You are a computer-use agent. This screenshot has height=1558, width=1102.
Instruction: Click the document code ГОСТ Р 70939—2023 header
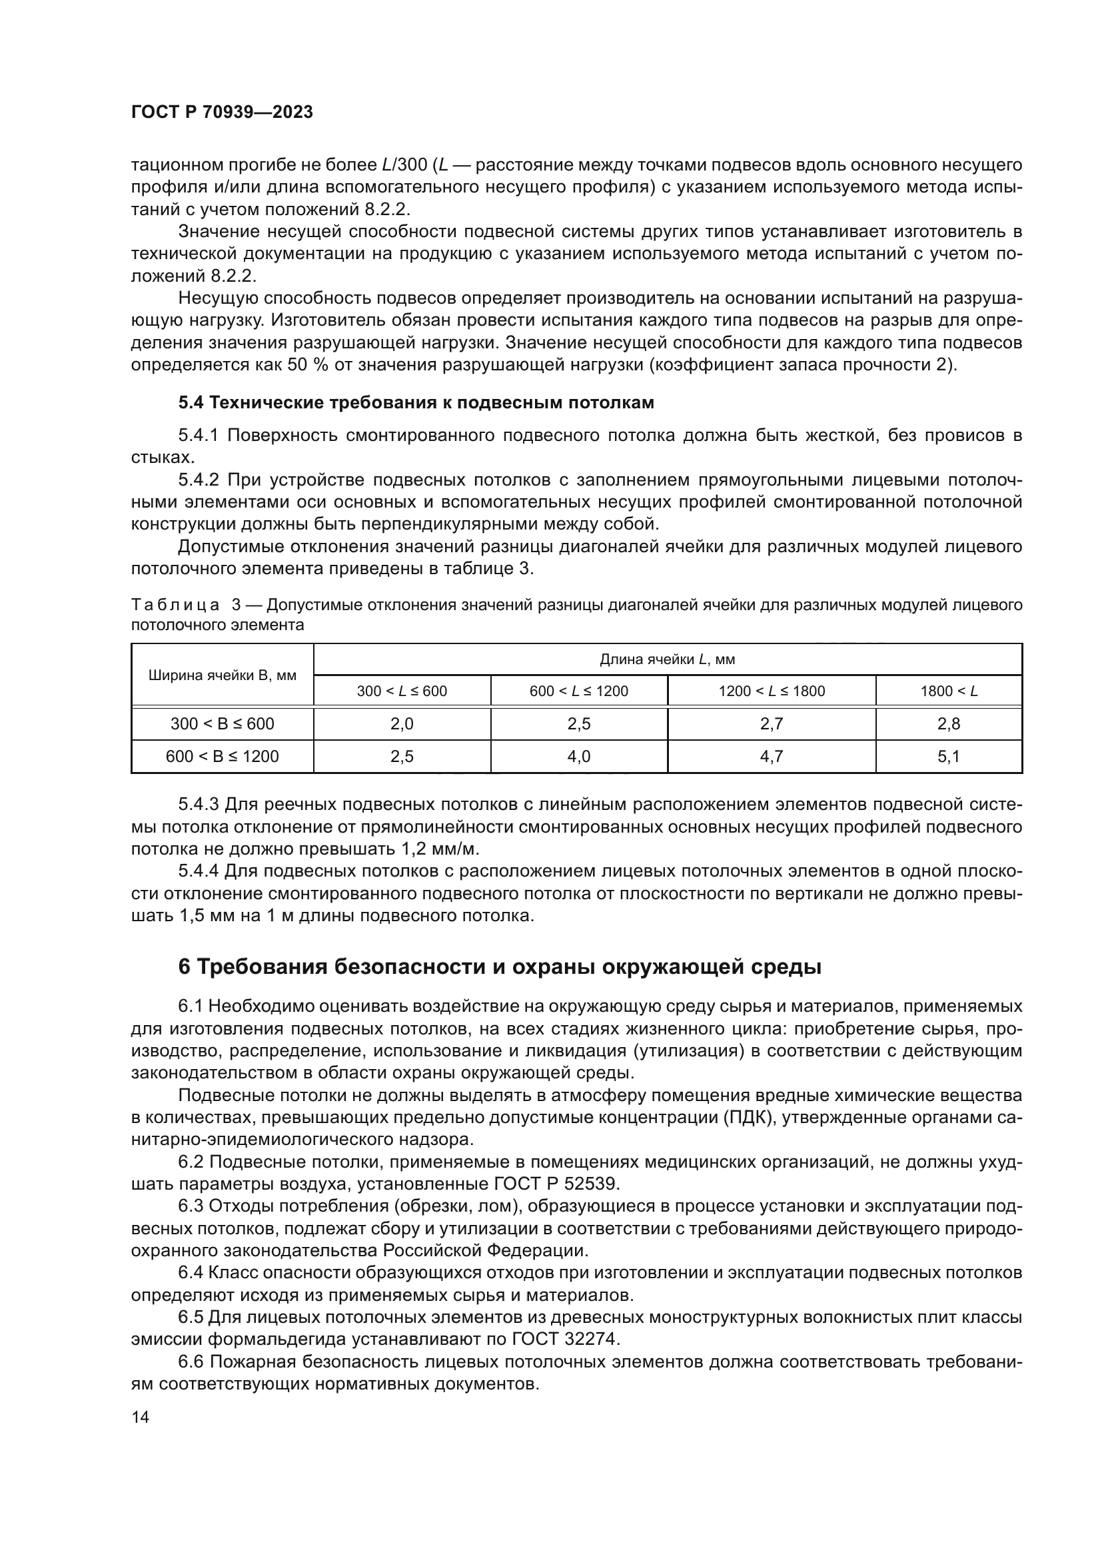tap(222, 112)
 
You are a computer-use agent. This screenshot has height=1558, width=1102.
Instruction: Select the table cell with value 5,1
tap(948, 756)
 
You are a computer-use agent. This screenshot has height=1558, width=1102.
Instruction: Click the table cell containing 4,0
tap(578, 756)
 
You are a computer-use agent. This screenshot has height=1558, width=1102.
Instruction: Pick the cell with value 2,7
tap(772, 723)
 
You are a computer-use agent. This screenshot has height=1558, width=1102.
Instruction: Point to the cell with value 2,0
tap(402, 723)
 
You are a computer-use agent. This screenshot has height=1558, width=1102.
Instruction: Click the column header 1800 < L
tap(948, 691)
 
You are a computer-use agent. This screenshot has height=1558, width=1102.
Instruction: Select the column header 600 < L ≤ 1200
tap(578, 691)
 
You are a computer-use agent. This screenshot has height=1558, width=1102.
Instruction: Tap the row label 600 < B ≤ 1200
tap(222, 756)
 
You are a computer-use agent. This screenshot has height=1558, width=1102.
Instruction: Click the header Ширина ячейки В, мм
tap(222, 675)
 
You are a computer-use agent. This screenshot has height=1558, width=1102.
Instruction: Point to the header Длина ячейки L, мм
tap(667, 659)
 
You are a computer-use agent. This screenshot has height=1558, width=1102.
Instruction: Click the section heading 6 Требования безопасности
tap(500, 967)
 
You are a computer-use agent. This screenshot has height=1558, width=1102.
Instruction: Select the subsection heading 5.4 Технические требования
tap(416, 402)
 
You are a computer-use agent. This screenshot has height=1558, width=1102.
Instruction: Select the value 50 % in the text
tap(306, 365)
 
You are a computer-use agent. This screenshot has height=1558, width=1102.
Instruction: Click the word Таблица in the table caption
tap(175, 605)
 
